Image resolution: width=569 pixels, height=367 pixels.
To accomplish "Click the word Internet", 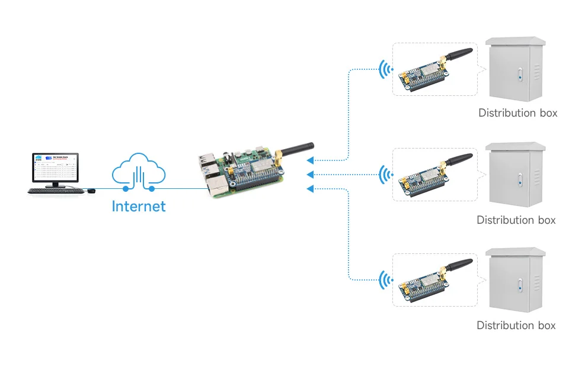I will (139, 206).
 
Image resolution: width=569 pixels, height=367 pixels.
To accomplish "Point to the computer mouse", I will (91, 191).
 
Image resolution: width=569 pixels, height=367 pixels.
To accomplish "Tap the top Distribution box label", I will (517, 112).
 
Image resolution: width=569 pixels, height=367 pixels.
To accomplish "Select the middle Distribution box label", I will (516, 220).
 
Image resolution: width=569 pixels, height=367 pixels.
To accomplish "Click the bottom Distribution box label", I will (516, 325).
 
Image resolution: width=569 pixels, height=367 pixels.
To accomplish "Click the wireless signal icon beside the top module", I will (386, 70).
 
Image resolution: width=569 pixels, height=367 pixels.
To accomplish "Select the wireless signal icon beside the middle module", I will (386, 175).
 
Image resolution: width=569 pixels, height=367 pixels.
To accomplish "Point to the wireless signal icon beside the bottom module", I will (386, 279).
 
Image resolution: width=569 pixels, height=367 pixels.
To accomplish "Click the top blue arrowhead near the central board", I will (309, 160).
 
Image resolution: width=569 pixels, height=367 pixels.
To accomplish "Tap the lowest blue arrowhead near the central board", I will (309, 188).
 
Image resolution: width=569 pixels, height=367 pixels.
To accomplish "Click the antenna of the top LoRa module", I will (458, 56).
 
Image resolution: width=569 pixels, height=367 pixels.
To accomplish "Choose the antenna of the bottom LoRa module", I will (458, 266).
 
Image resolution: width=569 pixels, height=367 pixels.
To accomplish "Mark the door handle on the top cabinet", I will (519, 76).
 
